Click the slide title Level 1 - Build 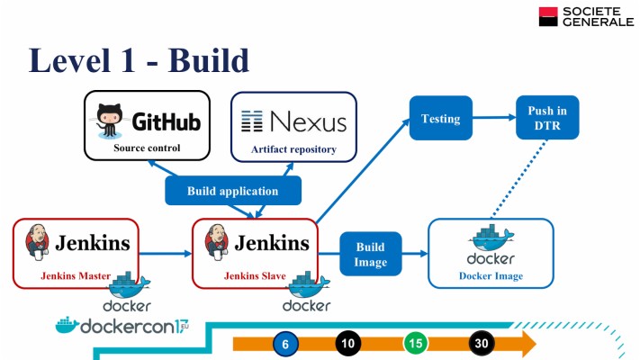click(x=139, y=59)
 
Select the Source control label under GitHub click(x=147, y=148)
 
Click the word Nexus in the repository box click(x=307, y=121)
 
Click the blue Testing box click(x=440, y=119)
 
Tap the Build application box click(x=232, y=191)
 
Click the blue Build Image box click(x=370, y=254)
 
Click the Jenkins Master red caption click(x=75, y=275)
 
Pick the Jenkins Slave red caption click(x=254, y=275)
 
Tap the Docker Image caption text click(x=490, y=275)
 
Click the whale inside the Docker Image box click(x=490, y=239)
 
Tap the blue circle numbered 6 click(x=285, y=343)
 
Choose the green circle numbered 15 click(x=415, y=343)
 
